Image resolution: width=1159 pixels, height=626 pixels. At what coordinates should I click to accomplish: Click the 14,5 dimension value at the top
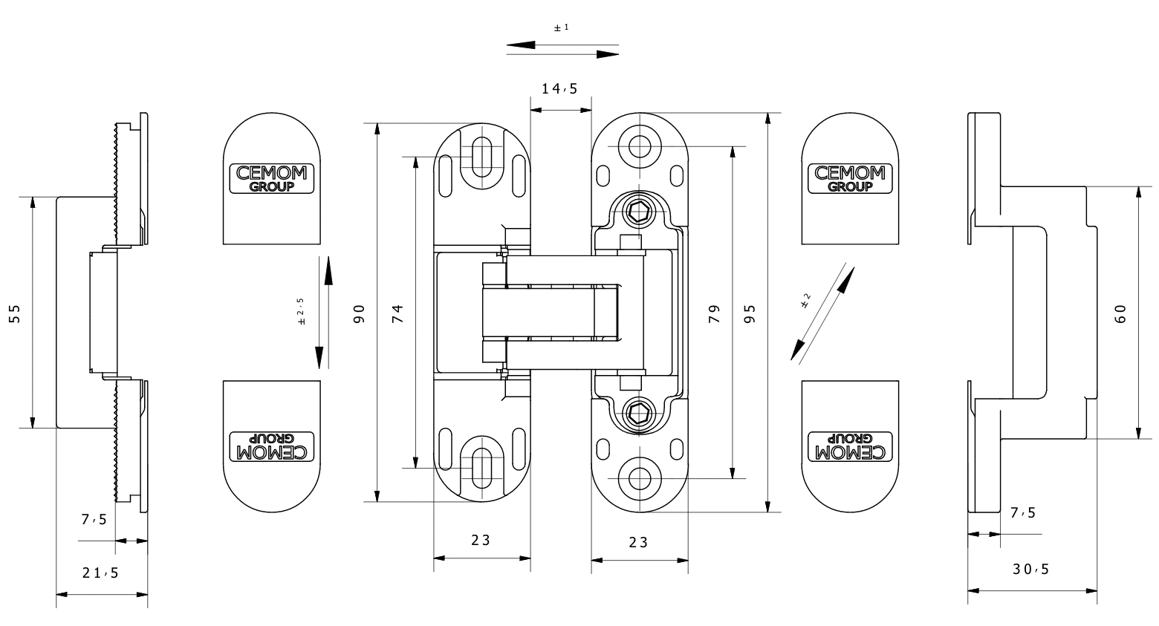click(x=559, y=89)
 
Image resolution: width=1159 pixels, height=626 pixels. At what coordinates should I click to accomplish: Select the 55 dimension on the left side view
click(x=14, y=313)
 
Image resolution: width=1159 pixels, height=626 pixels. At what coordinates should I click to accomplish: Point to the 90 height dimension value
click(x=359, y=313)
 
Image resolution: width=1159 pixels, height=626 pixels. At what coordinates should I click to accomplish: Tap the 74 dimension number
click(x=397, y=313)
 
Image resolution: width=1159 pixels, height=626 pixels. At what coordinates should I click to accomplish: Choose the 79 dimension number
click(x=715, y=313)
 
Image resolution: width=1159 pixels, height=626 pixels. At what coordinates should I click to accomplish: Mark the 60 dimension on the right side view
click(x=1121, y=313)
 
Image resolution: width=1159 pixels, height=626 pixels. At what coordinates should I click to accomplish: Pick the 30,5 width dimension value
click(x=1031, y=570)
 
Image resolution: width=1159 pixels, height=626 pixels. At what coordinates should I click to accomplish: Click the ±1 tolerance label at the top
click(x=562, y=28)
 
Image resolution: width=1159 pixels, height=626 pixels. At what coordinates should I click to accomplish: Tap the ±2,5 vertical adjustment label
click(x=301, y=312)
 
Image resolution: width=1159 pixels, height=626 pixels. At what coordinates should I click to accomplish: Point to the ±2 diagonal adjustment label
click(x=806, y=301)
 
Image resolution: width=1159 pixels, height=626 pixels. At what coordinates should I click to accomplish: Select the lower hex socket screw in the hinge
click(x=637, y=412)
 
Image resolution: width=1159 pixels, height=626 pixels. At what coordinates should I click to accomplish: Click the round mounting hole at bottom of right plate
click(x=637, y=479)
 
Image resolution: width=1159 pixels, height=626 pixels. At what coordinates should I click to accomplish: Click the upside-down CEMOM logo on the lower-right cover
click(x=850, y=446)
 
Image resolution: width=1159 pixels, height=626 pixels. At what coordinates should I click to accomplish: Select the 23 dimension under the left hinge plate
click(x=481, y=540)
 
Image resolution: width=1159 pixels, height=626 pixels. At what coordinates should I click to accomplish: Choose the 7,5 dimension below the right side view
click(x=1023, y=512)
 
